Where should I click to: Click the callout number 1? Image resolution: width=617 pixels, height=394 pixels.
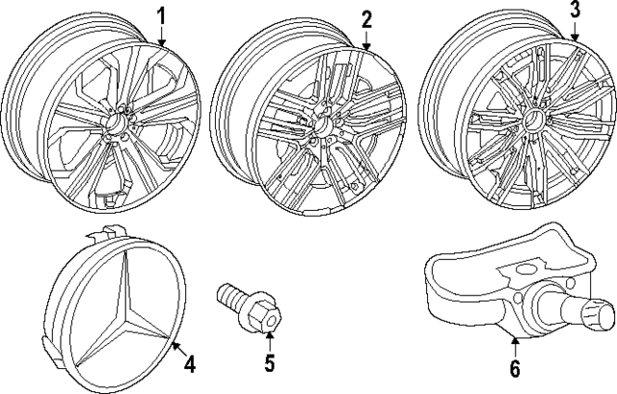tap(162, 15)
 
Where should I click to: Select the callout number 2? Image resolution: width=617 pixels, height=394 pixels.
tap(366, 18)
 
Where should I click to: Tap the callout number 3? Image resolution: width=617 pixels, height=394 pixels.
tap(575, 11)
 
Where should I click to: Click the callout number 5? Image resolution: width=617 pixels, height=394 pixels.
tap(270, 363)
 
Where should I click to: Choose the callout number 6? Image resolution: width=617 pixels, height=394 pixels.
tap(514, 368)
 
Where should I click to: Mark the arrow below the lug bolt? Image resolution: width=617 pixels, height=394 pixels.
tap(270, 338)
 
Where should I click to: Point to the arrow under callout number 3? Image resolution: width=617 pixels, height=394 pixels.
tap(575, 33)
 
